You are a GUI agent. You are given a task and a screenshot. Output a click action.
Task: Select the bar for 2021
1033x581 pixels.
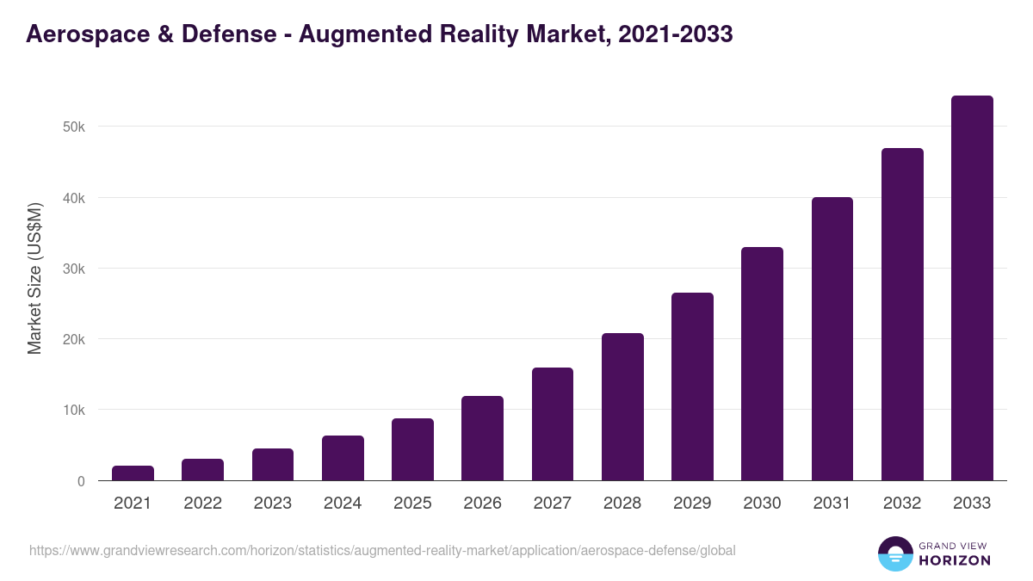click(133, 473)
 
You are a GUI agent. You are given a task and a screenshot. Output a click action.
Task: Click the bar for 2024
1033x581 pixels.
click(343, 458)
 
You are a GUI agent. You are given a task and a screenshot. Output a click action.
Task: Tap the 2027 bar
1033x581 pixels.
click(553, 424)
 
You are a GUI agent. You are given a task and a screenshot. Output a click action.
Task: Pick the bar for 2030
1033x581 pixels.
click(762, 364)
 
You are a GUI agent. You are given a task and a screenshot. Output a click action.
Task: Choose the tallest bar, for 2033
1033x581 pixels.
click(972, 288)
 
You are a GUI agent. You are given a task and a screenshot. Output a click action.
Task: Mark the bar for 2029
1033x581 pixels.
click(692, 386)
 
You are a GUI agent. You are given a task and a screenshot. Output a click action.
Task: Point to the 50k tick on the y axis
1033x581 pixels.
click(73, 127)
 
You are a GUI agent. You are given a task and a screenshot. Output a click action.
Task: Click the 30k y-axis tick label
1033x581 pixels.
click(73, 269)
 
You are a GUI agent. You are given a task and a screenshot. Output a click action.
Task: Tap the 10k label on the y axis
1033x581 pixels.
click(73, 410)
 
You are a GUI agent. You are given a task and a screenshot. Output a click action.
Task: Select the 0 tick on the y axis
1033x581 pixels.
click(81, 481)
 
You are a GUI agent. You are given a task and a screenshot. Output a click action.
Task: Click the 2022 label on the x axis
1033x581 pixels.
click(202, 504)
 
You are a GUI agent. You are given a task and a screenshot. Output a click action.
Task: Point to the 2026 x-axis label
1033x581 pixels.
click(482, 504)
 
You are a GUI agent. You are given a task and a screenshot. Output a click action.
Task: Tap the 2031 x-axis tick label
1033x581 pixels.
click(832, 504)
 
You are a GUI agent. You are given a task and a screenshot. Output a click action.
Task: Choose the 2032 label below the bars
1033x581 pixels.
click(902, 504)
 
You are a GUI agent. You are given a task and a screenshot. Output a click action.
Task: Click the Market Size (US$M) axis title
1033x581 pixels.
click(34, 279)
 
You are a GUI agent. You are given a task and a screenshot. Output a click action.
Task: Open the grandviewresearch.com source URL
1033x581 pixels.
click(382, 550)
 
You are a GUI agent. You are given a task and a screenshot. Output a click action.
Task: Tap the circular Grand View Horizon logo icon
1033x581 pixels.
click(895, 553)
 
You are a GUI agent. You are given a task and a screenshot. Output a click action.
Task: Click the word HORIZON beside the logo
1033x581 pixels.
click(955, 560)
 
